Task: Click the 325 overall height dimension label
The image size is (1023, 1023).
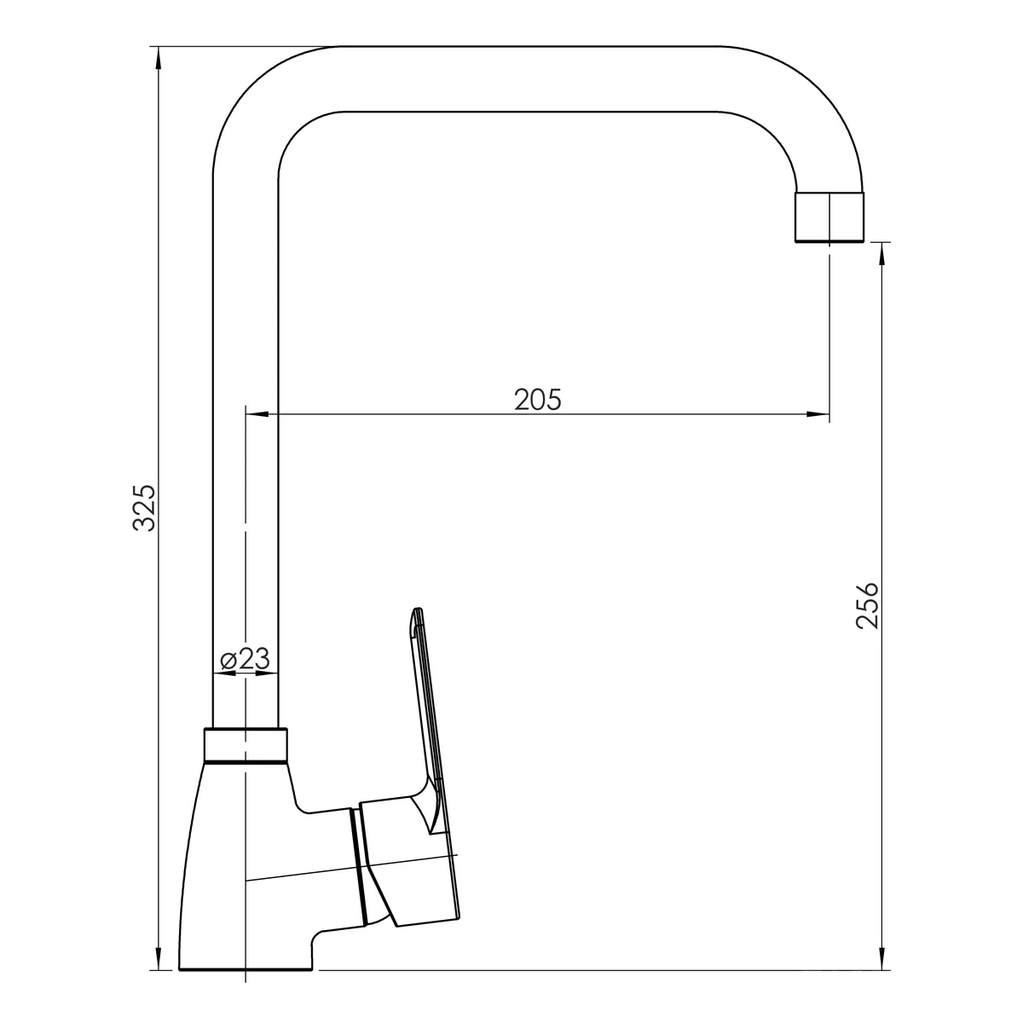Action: point(144,508)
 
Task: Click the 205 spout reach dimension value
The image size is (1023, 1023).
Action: point(537,400)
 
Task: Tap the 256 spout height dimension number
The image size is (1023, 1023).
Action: point(868,606)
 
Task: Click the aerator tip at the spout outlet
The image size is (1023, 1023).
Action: point(829,217)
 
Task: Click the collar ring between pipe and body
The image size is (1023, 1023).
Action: point(246,745)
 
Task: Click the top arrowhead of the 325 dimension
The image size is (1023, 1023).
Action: point(158,60)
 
